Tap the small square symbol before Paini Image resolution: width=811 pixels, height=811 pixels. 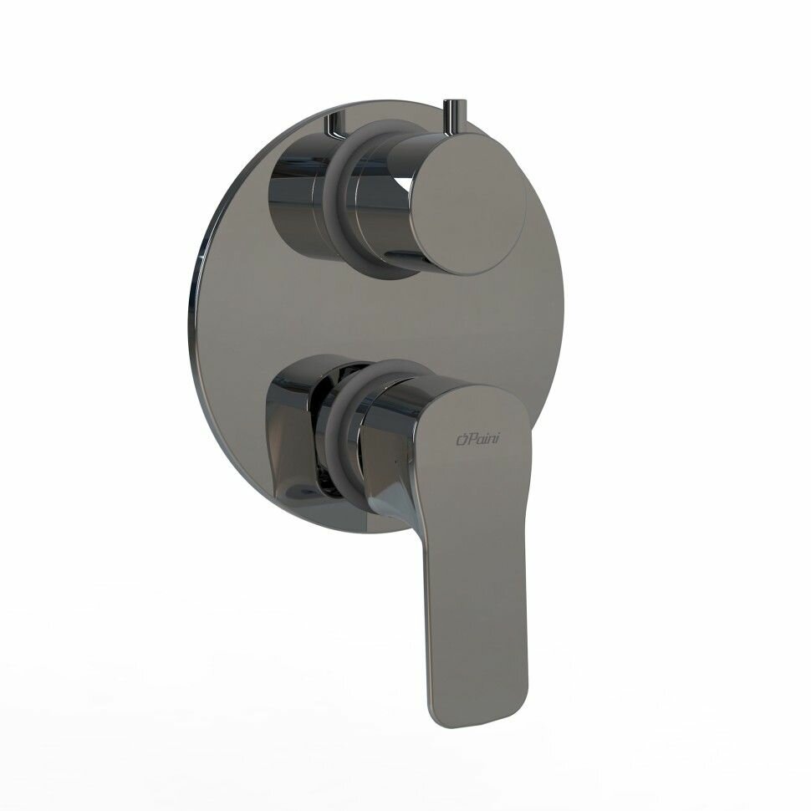(x=462, y=440)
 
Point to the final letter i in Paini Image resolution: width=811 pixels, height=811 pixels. (x=497, y=440)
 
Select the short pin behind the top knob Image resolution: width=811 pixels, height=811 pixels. (x=334, y=127)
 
